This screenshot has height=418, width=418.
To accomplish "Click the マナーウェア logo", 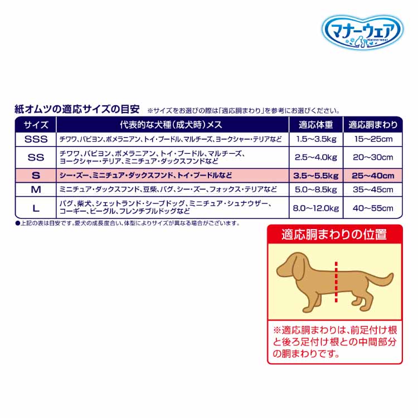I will (x=362, y=30).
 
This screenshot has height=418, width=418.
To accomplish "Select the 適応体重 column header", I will (x=315, y=124).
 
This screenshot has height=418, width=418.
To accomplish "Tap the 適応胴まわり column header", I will (x=372, y=124).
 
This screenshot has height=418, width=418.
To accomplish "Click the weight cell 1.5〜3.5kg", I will (x=315, y=139).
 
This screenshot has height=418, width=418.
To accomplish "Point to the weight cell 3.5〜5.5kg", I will (x=315, y=176).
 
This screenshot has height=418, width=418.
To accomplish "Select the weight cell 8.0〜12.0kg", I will (x=315, y=208).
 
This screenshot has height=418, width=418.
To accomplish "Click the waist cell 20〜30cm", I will (x=372, y=157).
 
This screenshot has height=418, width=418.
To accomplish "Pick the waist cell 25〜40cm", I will (x=372, y=176).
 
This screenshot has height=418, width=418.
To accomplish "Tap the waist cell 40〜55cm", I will (x=372, y=208).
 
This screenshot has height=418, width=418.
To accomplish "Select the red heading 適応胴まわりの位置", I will (x=334, y=234).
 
